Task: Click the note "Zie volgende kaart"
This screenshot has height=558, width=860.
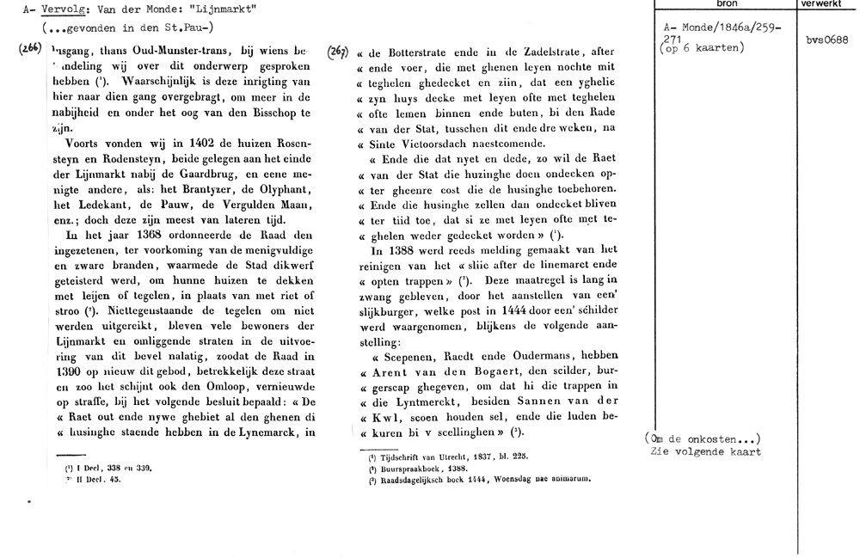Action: click(x=708, y=452)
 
